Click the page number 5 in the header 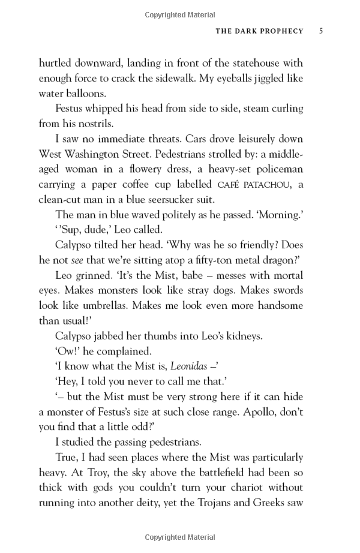coord(321,31)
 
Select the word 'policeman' coord(280,170)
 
